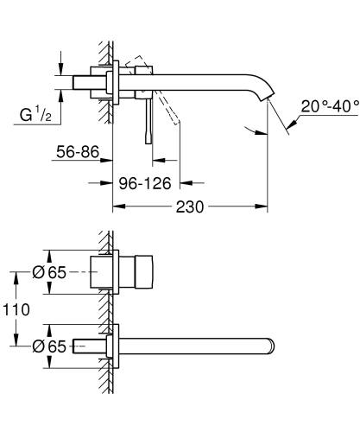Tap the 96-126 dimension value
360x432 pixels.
[x=144, y=183]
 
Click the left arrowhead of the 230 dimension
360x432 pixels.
[x=118, y=208]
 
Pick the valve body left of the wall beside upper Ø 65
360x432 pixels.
[x=100, y=271]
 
